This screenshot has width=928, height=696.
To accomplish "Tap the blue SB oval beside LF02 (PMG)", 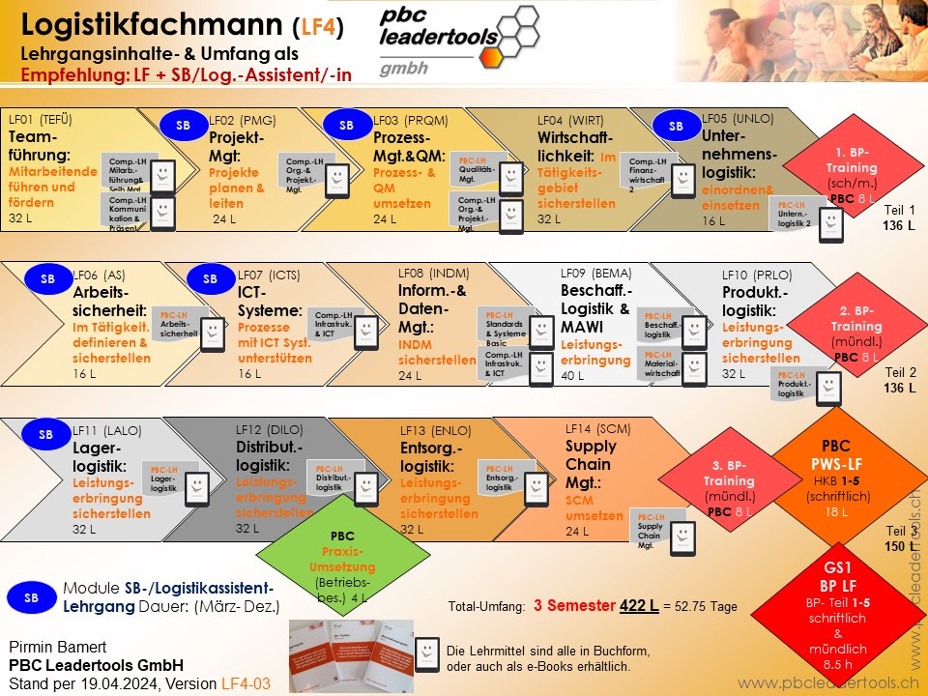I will (183, 125).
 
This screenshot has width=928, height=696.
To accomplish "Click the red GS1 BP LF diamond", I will (836, 609).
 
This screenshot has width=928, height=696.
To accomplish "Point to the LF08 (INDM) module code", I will (434, 272).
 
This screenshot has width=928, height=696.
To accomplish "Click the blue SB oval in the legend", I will (31, 598).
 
